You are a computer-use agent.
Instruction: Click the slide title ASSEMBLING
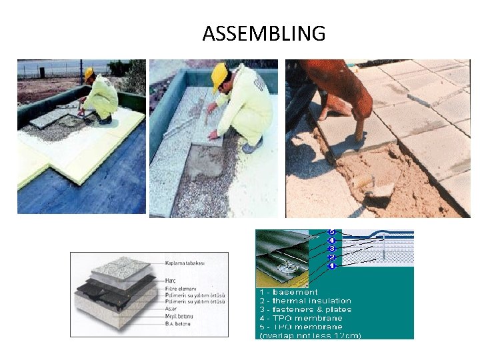click(x=264, y=33)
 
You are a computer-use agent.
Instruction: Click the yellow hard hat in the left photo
click(x=89, y=73)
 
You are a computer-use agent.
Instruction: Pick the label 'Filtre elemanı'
click(x=177, y=289)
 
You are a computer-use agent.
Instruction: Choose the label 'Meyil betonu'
click(x=175, y=317)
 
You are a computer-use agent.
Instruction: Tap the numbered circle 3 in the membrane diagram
click(x=331, y=248)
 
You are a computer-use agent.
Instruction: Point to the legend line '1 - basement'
click(x=288, y=292)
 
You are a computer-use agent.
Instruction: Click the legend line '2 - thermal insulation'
click(x=304, y=301)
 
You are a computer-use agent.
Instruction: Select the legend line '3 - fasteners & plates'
click(x=305, y=309)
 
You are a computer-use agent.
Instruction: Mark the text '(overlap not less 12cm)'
click(x=309, y=335)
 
